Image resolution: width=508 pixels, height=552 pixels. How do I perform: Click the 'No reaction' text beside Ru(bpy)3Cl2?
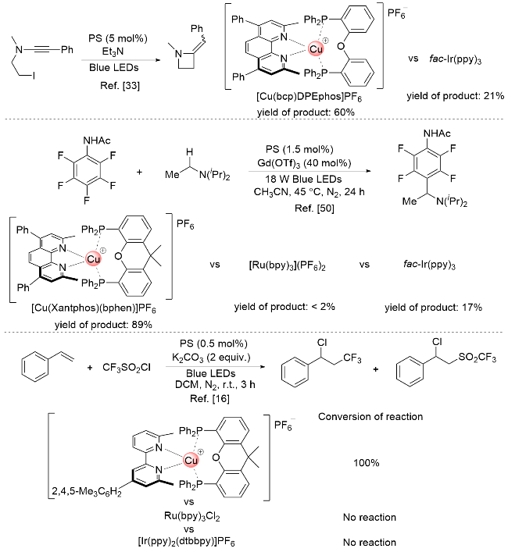click(x=367, y=517)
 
